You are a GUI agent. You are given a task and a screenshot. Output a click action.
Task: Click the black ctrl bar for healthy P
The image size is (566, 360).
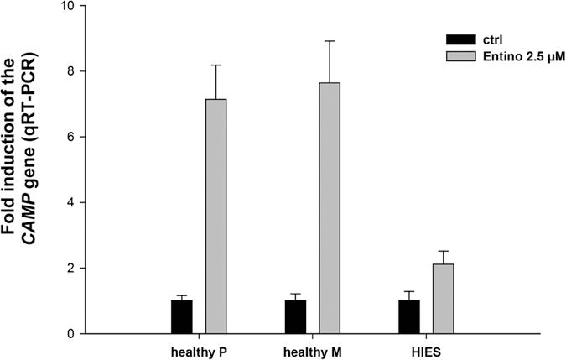(182, 316)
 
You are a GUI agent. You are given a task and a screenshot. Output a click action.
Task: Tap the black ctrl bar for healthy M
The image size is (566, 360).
(295, 316)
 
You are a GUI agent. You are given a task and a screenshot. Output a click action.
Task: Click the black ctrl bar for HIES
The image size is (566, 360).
(409, 316)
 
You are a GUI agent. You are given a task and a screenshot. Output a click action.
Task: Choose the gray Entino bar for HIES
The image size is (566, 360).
(443, 298)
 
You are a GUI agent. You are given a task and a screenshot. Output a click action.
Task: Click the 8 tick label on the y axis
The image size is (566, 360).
(71, 71)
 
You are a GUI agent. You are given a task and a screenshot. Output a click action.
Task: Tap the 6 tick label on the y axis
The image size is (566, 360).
(71, 137)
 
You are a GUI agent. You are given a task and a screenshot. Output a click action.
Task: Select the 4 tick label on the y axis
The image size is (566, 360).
(71, 202)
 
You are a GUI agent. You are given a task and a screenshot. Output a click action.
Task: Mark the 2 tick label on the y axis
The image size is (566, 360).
(71, 268)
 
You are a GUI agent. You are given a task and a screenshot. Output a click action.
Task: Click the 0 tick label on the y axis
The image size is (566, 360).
(71, 333)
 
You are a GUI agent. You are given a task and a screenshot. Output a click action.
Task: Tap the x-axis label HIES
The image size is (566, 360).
(425, 349)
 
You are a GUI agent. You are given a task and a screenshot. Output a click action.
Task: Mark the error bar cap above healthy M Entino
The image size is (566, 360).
(329, 41)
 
